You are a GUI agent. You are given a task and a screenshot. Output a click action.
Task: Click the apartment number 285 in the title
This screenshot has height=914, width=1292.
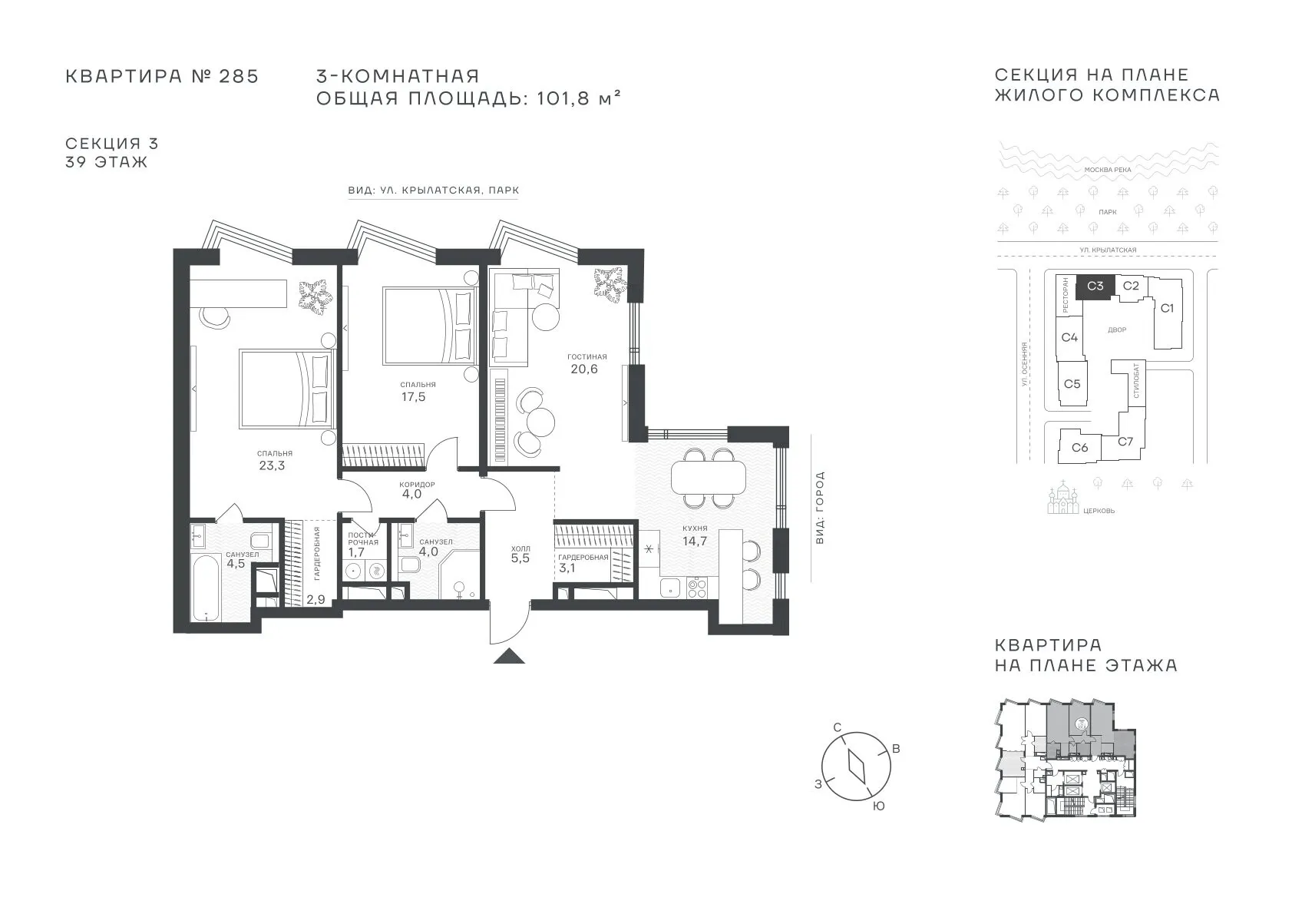pyautogui.click(x=238, y=77)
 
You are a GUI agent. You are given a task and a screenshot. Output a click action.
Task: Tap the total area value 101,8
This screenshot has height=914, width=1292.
pyautogui.click(x=563, y=98)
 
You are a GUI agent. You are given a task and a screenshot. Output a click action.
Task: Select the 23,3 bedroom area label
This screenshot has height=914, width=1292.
pyautogui.click(x=272, y=465)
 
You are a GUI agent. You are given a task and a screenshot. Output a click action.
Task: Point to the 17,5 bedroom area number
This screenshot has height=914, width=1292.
pyautogui.click(x=414, y=397)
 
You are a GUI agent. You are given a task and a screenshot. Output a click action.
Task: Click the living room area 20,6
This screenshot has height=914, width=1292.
pyautogui.click(x=584, y=369)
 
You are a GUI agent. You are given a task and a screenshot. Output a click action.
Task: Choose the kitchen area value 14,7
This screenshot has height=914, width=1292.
pyautogui.click(x=695, y=541)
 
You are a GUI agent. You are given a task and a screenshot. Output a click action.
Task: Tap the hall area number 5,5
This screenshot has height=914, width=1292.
pyautogui.click(x=520, y=558)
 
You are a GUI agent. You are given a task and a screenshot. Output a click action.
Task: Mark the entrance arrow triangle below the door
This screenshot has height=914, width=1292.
pyautogui.click(x=509, y=656)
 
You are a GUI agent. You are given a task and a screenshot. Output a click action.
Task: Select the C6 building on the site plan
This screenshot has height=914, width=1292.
pyautogui.click(x=1079, y=447)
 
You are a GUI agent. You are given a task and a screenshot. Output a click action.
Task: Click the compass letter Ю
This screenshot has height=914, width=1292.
pyautogui.click(x=878, y=806)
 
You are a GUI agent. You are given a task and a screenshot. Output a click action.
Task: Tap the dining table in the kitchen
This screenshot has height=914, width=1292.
pyautogui.click(x=709, y=478)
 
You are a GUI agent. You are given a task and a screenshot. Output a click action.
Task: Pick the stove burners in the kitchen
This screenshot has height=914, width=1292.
pyautogui.click(x=697, y=588)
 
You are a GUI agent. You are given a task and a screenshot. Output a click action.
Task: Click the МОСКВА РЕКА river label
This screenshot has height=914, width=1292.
pyautogui.click(x=1108, y=170)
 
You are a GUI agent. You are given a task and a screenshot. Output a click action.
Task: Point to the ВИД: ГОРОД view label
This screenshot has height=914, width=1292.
pyautogui.click(x=820, y=508)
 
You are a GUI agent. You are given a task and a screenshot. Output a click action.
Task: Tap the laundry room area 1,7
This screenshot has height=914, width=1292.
pyautogui.click(x=356, y=552)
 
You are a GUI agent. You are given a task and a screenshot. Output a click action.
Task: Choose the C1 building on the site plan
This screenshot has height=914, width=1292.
pyautogui.click(x=1167, y=309)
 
